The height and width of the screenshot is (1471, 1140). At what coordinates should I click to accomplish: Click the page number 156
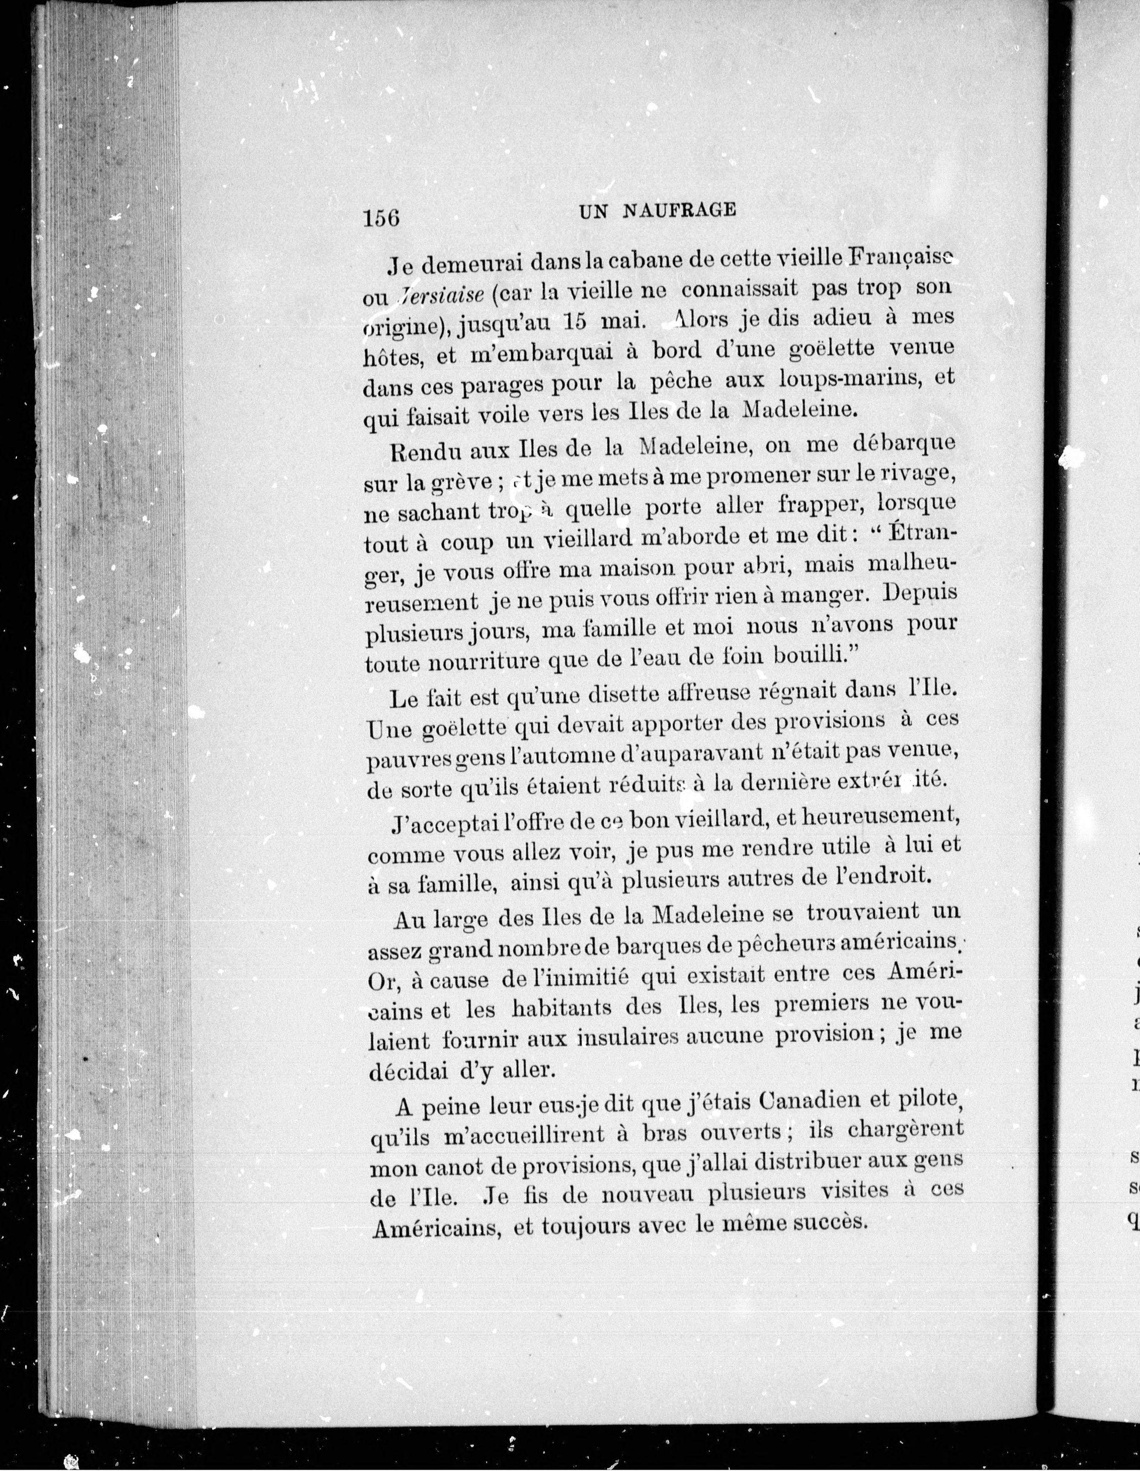point(381,218)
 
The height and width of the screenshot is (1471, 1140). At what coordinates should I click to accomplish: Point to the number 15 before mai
point(572,321)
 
